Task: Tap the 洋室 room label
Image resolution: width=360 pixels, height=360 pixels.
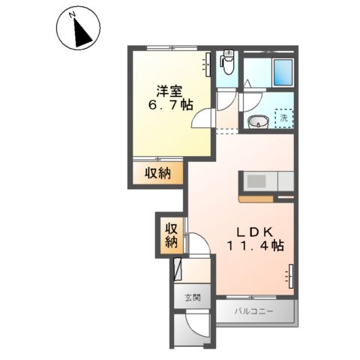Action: point(169,92)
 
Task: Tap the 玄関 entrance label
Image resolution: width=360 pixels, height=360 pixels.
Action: point(193,297)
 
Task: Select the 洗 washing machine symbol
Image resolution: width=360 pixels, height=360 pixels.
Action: point(284,117)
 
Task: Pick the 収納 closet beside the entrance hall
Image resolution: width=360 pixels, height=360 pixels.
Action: point(170,234)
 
